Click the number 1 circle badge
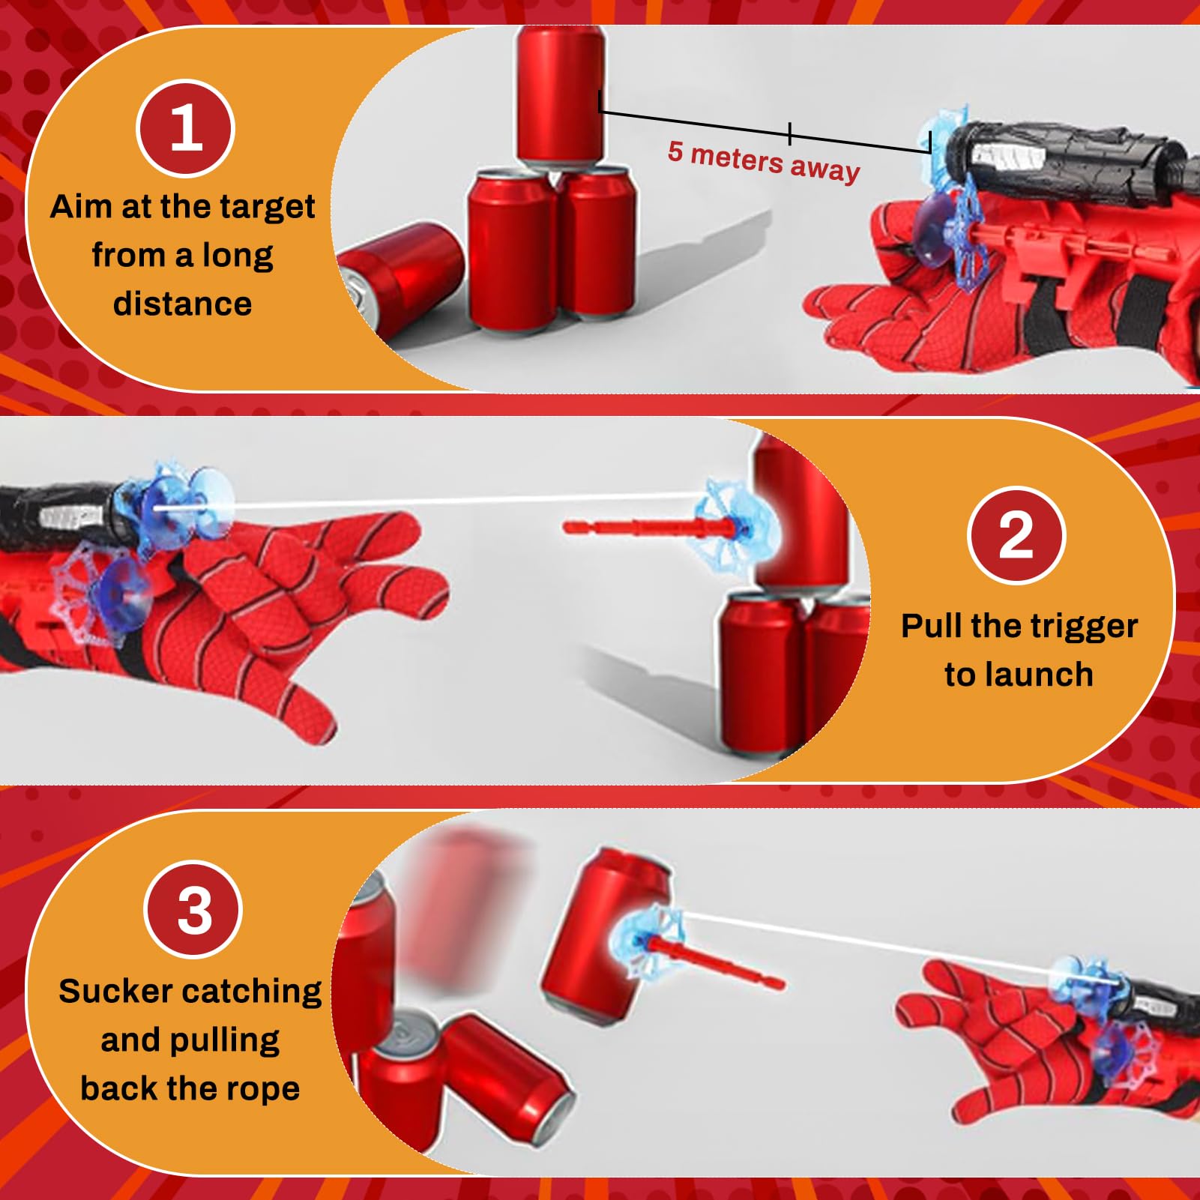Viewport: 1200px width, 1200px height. click(185, 128)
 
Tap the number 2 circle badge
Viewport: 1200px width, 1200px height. click(1016, 535)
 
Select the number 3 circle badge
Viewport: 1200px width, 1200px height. click(193, 909)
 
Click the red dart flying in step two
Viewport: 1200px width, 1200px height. click(637, 528)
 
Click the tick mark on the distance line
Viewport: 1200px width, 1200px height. click(789, 133)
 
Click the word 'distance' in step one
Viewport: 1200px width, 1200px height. click(182, 304)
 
